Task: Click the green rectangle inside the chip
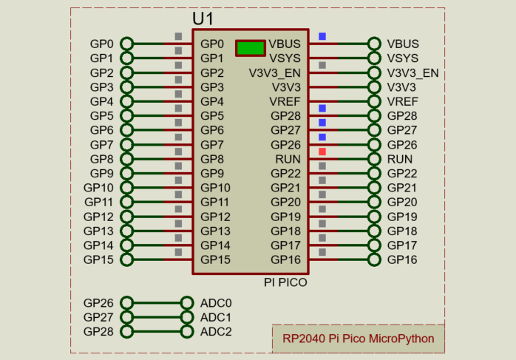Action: pos(250,48)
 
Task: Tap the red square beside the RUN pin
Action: pos(322,152)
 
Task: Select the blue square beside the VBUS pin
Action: pos(322,36)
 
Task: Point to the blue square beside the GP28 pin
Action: pos(322,108)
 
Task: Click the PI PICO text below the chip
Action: pos(285,282)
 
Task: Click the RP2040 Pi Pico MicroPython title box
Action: pos(359,339)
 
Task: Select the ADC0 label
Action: pos(216,303)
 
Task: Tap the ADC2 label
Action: pos(216,332)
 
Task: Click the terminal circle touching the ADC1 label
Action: pos(187,317)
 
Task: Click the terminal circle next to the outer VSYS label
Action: pos(374,58)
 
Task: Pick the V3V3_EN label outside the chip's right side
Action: pos(413,72)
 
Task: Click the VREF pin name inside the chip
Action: pos(285,101)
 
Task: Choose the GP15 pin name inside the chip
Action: pos(215,259)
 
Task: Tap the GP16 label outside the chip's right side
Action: pos(402,259)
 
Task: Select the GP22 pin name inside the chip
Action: pos(285,173)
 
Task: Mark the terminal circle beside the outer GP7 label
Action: pos(126,144)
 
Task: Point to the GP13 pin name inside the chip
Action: pos(215,231)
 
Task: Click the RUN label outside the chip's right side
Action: pos(400,159)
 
